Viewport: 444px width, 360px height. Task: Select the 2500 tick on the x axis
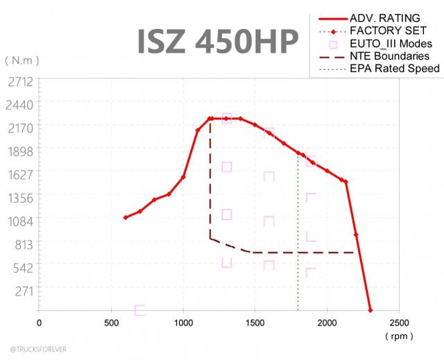pos(400,323)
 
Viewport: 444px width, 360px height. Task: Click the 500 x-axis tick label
pos(111,323)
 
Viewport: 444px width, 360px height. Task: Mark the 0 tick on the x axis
pos(39,323)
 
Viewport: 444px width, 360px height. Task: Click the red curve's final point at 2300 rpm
pos(370,310)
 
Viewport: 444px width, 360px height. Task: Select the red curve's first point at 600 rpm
pos(126,218)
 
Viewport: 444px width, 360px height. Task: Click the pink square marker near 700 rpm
pos(139,309)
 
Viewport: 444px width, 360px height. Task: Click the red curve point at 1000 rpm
pos(183,177)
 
